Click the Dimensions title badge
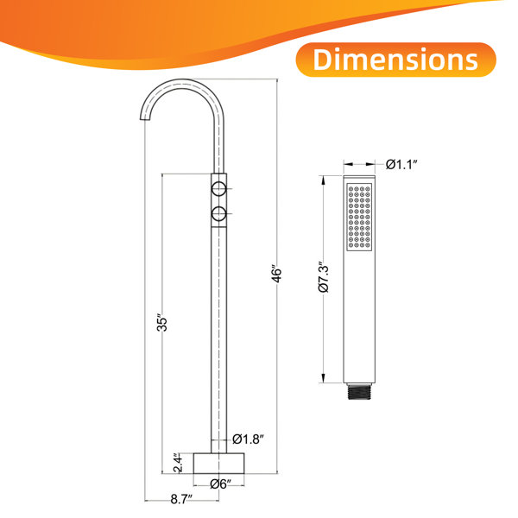click(x=395, y=60)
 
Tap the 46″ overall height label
click(x=276, y=273)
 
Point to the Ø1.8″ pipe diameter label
click(x=248, y=439)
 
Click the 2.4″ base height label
click(x=177, y=463)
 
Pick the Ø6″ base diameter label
click(x=220, y=484)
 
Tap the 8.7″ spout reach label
click(x=181, y=499)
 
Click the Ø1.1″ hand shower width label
click(x=401, y=164)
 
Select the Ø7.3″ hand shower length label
click(x=324, y=277)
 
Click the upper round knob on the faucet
click(x=218, y=189)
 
